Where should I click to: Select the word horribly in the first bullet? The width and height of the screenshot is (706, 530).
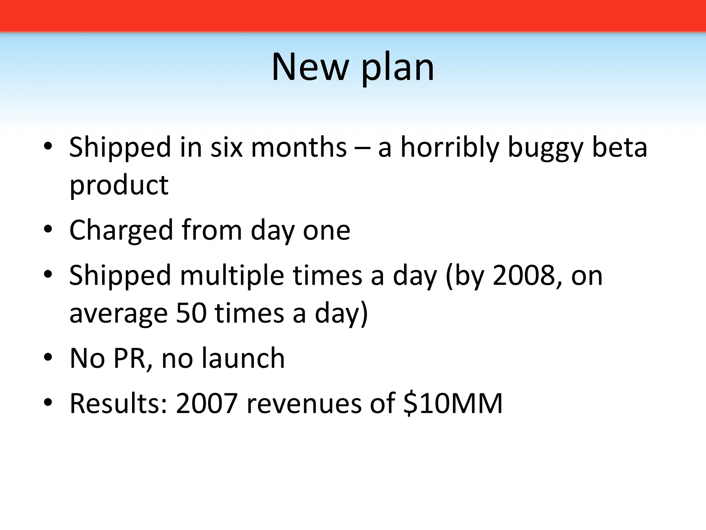[450, 148]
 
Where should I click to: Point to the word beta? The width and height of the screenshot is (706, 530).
[619, 148]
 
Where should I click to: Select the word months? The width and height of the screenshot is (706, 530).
[299, 148]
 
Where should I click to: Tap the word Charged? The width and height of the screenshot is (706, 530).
[121, 230]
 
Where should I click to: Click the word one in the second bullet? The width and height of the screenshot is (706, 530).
[326, 230]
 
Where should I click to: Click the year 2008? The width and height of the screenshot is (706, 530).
[523, 275]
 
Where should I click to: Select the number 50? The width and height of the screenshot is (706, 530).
[191, 313]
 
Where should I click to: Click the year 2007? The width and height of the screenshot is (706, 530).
[206, 403]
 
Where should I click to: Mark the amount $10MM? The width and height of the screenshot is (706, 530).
[453, 403]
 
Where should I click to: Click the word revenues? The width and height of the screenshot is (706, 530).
[304, 403]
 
